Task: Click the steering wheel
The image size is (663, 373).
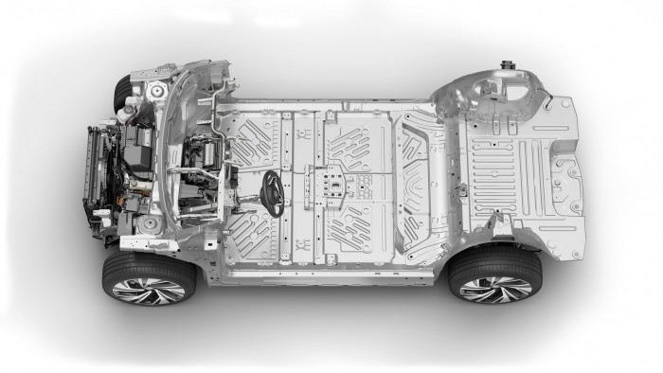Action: coord(273,192)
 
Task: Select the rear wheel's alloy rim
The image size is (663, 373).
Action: coord(495,288)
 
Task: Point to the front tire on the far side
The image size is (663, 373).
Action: coord(122,93)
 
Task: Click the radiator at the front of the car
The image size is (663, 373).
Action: coord(95,175)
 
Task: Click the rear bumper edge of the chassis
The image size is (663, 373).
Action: coord(580,180)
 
